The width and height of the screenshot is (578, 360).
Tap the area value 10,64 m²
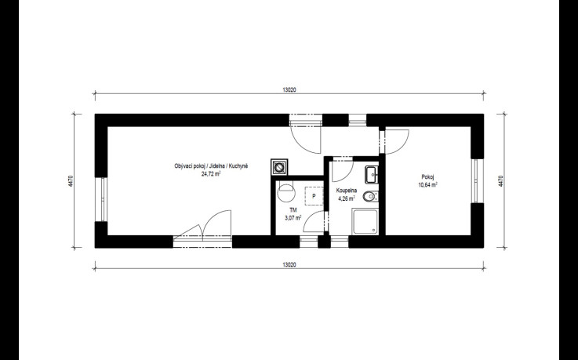coord(427,185)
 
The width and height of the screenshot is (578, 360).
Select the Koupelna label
coord(347,191)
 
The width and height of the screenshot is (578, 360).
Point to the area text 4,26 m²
coord(347,198)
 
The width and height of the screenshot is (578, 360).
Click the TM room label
coord(293,210)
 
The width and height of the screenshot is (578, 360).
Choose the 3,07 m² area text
coord(293,218)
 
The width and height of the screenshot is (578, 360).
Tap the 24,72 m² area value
coord(211,174)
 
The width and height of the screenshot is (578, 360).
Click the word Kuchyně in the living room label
coord(238,166)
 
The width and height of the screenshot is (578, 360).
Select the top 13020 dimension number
coord(289,89)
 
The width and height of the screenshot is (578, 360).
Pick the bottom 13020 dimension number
coord(289,264)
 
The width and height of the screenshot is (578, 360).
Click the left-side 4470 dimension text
coord(71,181)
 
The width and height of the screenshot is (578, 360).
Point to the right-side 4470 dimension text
coord(500,181)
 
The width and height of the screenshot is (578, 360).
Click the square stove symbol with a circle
coord(280,167)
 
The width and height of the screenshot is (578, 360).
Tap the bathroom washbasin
coord(372,174)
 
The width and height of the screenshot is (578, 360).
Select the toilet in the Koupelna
coord(370,197)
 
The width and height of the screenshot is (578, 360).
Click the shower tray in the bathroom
coord(365,221)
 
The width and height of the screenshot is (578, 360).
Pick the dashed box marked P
coord(314,196)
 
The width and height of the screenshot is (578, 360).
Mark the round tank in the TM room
coord(286,191)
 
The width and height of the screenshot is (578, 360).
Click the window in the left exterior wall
coord(101,199)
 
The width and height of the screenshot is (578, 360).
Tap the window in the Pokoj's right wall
coord(477,181)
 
